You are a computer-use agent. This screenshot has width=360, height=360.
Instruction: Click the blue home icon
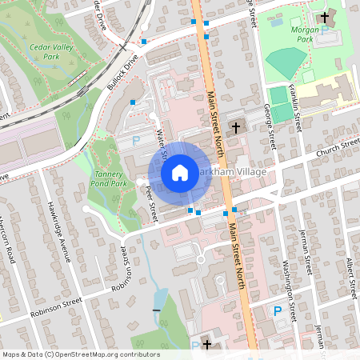tap(180, 172)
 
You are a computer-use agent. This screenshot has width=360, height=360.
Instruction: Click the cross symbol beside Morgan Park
tap(325, 17)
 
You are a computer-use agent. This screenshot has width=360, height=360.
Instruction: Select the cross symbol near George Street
tap(236, 127)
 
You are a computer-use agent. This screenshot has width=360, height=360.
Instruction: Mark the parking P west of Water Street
tap(135, 140)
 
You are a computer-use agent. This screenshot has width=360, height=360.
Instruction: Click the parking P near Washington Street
tap(278, 310)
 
